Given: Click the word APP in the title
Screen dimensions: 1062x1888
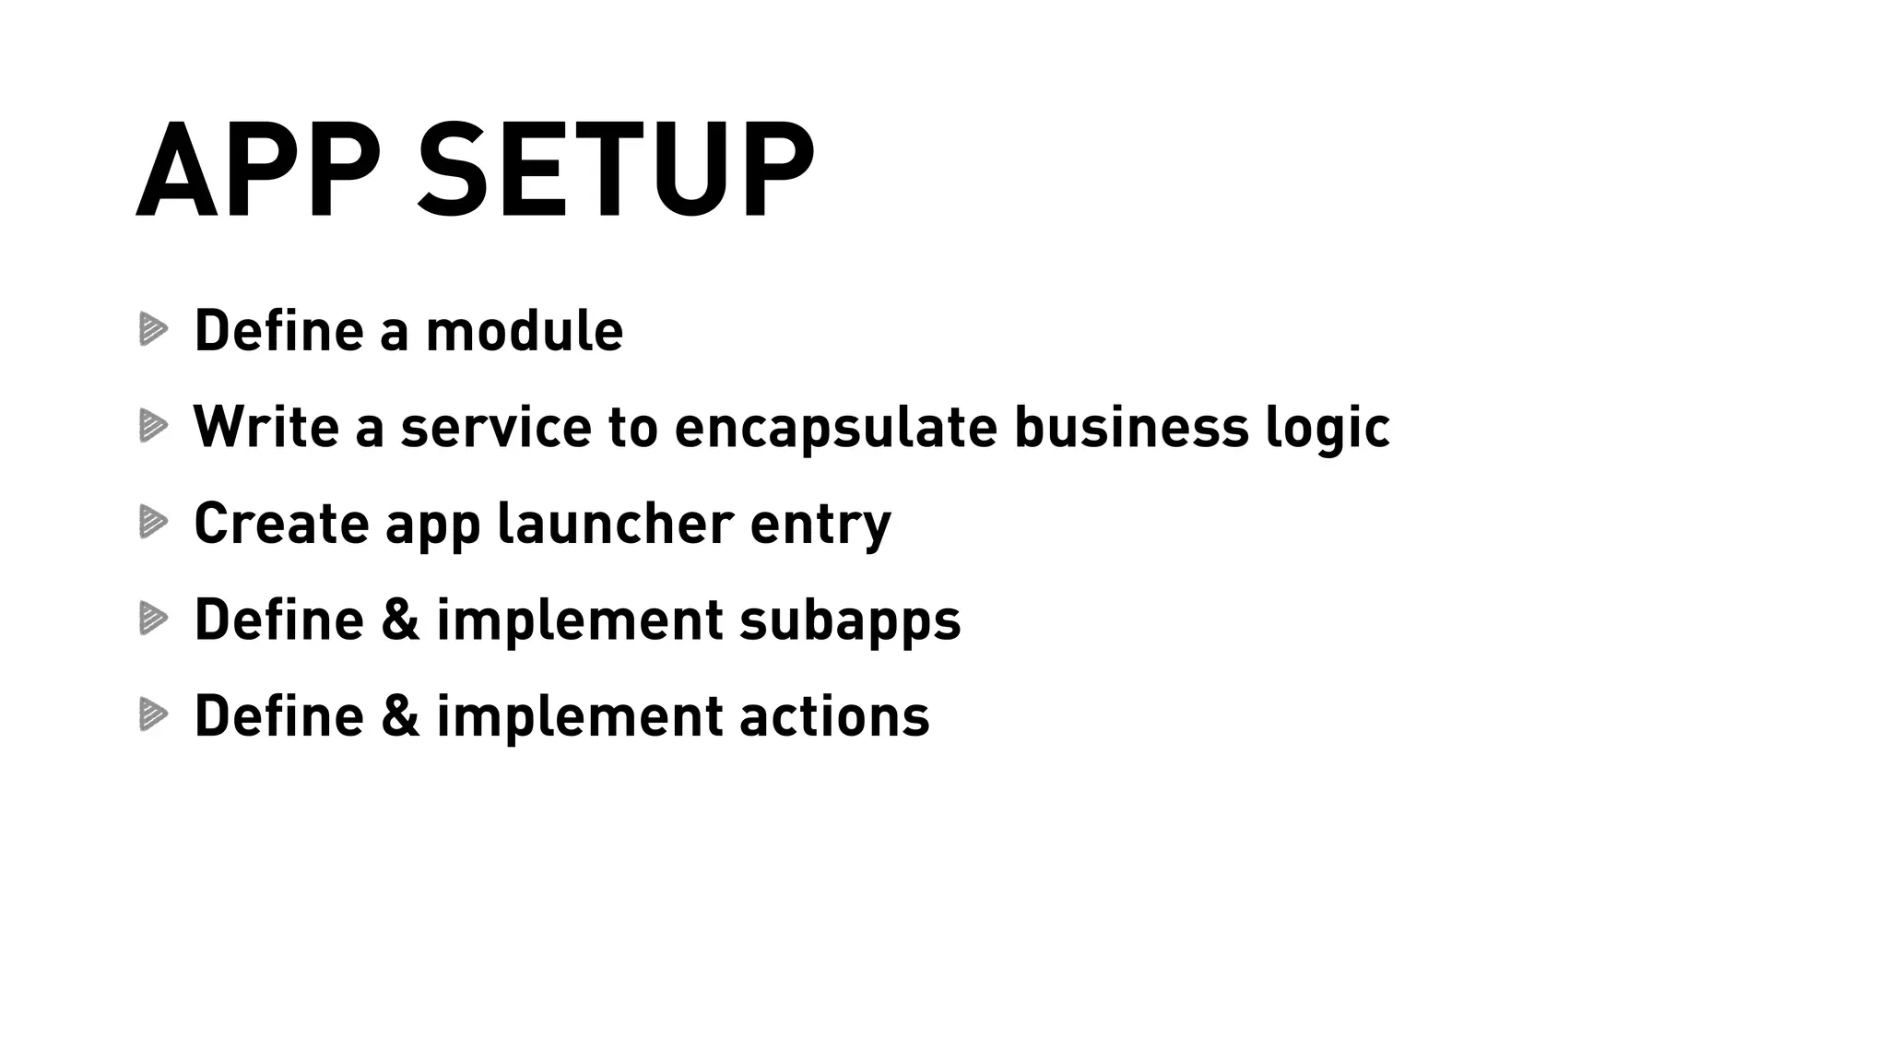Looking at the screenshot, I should (258, 171).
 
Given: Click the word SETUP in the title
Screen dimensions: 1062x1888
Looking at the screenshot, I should (616, 171).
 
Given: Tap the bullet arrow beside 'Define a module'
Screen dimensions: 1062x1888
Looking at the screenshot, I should (153, 329).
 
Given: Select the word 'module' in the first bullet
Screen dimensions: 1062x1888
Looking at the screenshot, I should (524, 331).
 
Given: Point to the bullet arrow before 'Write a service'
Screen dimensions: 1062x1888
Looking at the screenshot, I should (153, 425).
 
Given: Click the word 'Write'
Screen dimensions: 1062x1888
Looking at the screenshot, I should (266, 427).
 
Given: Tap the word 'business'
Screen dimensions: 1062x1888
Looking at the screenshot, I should (1131, 427).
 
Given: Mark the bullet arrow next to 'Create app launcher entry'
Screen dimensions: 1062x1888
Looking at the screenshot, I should (153, 522).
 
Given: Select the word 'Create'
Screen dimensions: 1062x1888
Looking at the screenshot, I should (280, 523).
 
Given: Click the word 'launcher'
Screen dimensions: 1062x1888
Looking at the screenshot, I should (615, 523).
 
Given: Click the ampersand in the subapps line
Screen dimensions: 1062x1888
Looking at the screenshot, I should (400, 619).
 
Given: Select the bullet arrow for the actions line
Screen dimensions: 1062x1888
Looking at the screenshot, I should (153, 714).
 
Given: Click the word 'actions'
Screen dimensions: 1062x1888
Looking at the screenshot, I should (834, 716).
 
